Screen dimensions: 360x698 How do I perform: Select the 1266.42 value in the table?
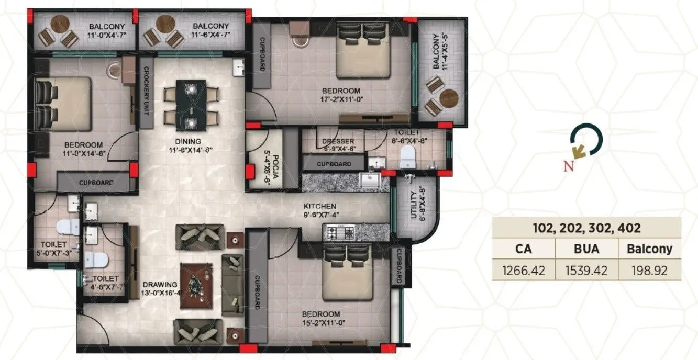pyautogui.click(x=524, y=271)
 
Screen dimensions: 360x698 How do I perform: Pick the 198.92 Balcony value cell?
pyautogui.click(x=649, y=271)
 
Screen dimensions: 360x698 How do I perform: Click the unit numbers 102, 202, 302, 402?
pyautogui.click(x=586, y=228)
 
